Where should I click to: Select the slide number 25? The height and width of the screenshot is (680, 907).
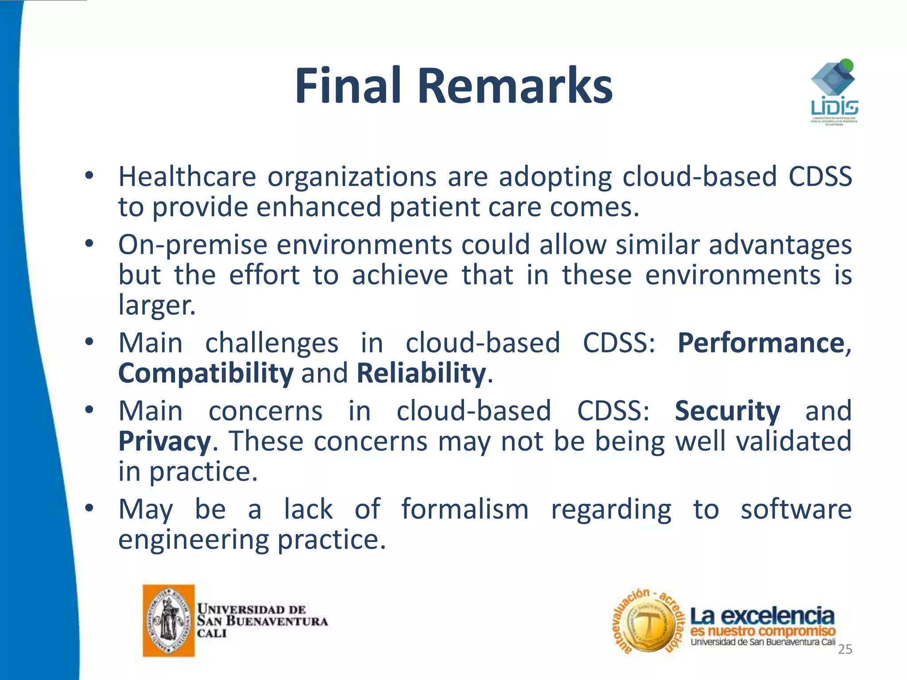coord(845,649)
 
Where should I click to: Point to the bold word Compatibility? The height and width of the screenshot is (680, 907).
coord(205,373)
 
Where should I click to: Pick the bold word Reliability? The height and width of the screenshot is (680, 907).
coord(421,373)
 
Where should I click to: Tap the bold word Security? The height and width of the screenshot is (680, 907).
coord(727,411)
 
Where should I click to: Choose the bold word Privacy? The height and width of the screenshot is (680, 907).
coord(165,441)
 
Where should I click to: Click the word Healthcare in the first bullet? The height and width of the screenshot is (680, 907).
coord(187,177)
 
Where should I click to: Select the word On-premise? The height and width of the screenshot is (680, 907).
coord(193,245)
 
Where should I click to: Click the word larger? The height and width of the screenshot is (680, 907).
coord(156,305)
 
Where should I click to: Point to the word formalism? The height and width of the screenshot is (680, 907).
coord(465,510)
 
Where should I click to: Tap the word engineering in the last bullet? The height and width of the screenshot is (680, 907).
coord(193,540)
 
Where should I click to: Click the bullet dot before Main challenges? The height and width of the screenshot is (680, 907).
coord(89,342)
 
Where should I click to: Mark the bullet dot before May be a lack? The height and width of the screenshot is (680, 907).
coord(89,508)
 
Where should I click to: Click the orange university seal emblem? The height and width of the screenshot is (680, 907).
coord(169,620)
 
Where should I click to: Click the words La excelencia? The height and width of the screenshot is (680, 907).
coord(762,615)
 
